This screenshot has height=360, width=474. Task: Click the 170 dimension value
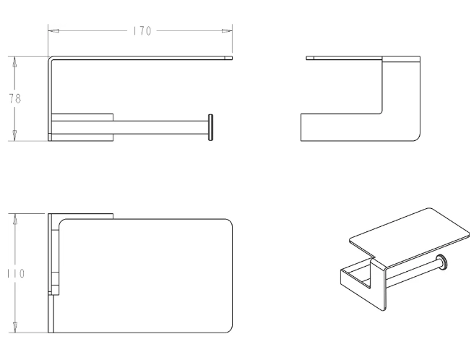click(142, 31)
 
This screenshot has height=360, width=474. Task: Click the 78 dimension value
click(14, 98)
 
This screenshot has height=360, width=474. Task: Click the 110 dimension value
click(16, 274)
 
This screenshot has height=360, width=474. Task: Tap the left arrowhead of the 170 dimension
click(53, 31)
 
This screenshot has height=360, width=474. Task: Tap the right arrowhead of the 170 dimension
click(227, 31)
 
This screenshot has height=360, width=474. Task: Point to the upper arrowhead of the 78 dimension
click(14, 62)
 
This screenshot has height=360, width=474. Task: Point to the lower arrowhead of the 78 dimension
click(14, 135)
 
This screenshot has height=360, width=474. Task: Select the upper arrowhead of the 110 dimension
click(14, 219)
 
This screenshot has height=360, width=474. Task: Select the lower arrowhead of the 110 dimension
click(14, 327)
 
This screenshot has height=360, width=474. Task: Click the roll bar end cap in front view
click(210, 127)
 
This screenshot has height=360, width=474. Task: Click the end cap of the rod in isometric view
click(442, 262)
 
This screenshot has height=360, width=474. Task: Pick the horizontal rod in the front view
click(160, 127)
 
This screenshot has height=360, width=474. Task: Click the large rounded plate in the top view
click(146, 276)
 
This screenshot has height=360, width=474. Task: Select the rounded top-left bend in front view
click(51, 59)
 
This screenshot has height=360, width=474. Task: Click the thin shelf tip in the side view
click(310, 58)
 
